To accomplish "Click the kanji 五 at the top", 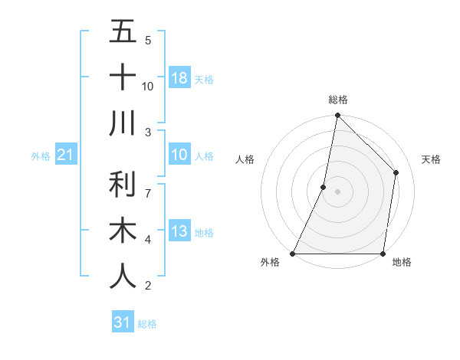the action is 123,31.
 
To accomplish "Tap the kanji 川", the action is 123,123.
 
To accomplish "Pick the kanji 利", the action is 123,185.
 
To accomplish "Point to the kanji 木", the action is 123,231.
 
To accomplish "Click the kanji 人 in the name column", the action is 123,277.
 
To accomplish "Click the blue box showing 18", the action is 179,78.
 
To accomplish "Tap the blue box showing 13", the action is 179,232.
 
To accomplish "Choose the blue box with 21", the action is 65,155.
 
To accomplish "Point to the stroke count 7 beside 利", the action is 148,186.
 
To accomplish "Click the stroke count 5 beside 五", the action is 148,40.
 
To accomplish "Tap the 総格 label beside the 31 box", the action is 147,324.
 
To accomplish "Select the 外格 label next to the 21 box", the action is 41,156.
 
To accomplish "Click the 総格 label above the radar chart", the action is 338,100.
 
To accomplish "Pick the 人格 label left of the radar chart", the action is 245,159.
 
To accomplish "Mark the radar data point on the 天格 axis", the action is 396,172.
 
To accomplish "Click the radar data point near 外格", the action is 293,254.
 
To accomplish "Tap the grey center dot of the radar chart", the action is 338,191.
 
